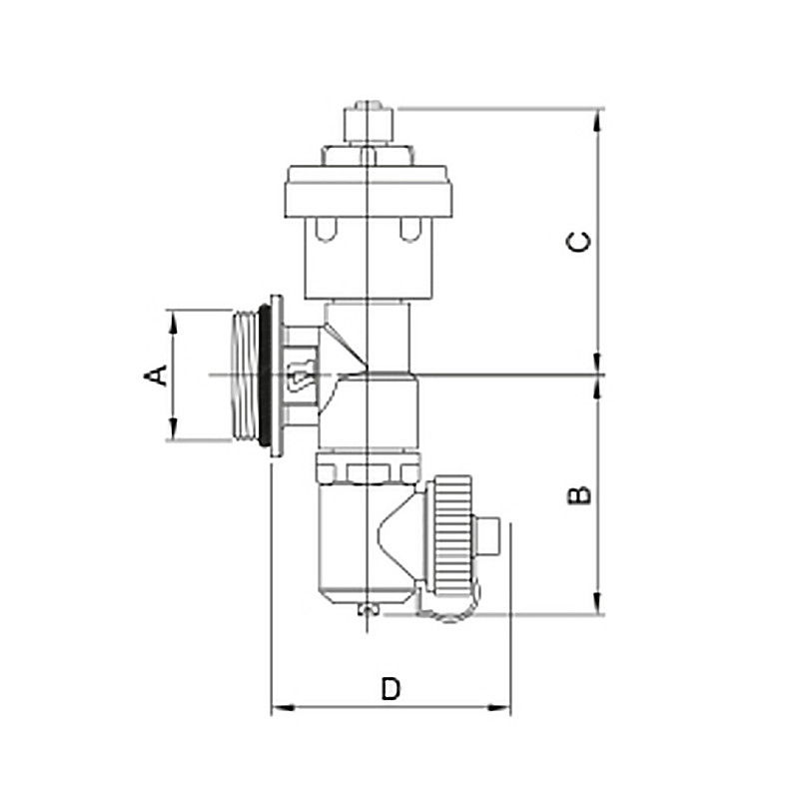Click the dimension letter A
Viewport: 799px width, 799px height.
coord(156,376)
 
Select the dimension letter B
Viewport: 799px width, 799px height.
coord(579,495)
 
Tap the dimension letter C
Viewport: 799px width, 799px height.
coord(579,242)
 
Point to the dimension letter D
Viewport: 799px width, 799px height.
coord(391,689)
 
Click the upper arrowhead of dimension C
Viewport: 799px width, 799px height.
coord(598,120)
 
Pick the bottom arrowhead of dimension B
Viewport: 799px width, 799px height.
coord(598,603)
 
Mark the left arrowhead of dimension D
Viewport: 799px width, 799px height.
coord(283,708)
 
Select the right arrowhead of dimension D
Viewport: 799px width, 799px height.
coord(498,708)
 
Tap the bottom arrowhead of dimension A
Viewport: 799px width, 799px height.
coord(174,428)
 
